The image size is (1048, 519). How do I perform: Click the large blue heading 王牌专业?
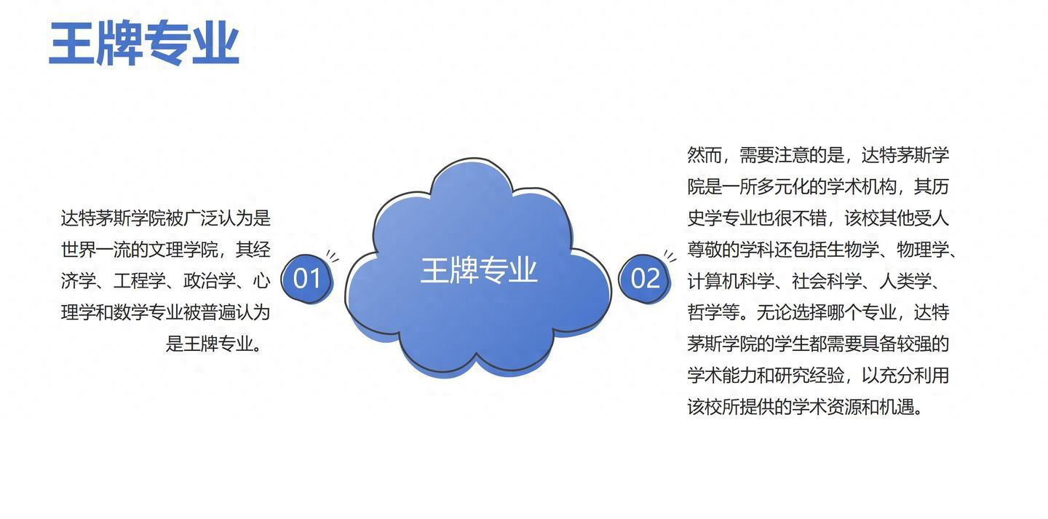[x=144, y=43]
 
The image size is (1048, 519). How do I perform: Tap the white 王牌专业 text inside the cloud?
[x=479, y=270]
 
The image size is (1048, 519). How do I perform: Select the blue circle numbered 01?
[x=307, y=279]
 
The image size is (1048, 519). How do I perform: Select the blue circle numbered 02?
[x=645, y=279]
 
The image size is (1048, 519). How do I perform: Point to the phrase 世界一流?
[x=95, y=250]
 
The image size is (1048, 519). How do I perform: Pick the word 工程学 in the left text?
[x=140, y=281]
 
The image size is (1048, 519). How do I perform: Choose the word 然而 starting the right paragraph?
[x=704, y=155]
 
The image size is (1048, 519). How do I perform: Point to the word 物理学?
[x=923, y=250]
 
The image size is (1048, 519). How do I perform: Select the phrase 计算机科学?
[x=731, y=281]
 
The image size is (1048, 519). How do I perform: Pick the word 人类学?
[x=905, y=281]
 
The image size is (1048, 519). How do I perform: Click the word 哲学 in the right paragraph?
[x=704, y=312]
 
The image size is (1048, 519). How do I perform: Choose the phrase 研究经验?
[x=809, y=376]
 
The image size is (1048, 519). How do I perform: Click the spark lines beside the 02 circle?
[x=670, y=256]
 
